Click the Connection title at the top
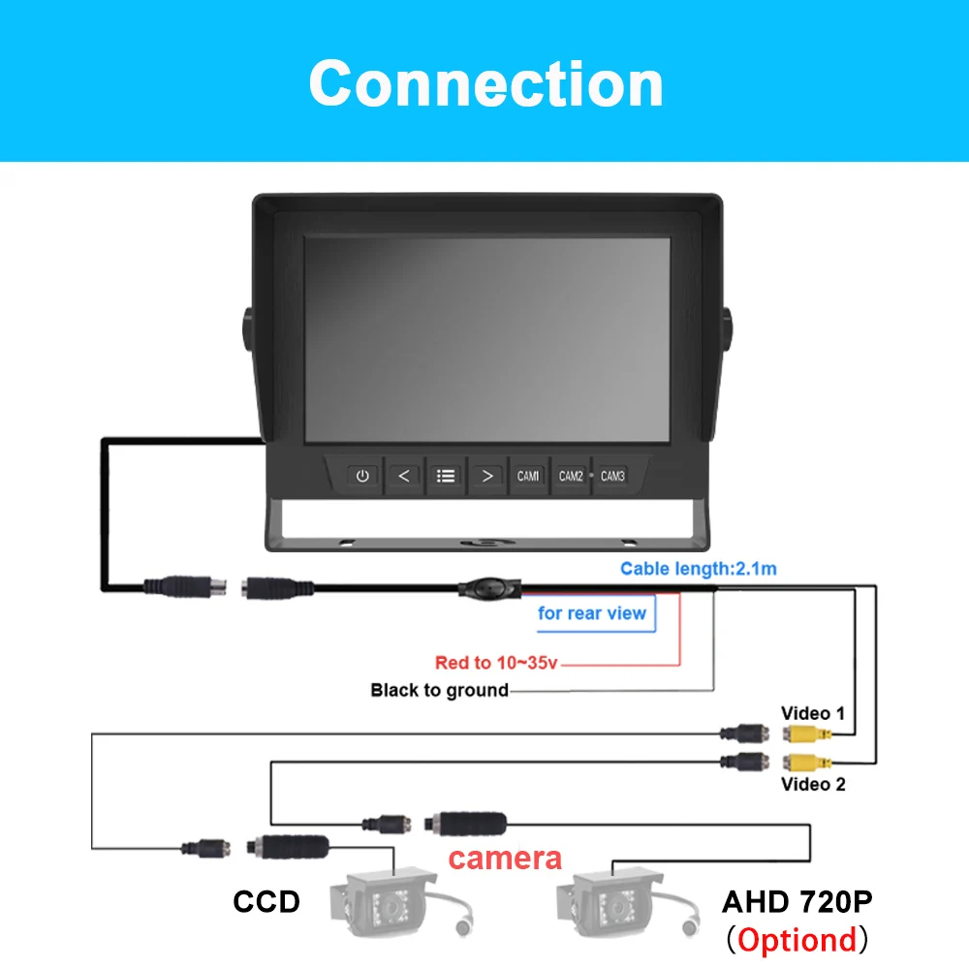[485, 82]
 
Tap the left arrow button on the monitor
[404, 476]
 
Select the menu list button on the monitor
[446, 476]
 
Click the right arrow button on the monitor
[487, 476]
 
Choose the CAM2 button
[571, 476]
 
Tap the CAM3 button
[612, 476]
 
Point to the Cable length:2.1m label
[699, 569]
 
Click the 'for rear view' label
[592, 613]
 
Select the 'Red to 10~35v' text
[497, 663]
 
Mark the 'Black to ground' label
[439, 690]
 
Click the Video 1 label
[813, 714]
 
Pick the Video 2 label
[813, 783]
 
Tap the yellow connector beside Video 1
[804, 735]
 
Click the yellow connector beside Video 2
[804, 761]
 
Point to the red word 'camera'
[505, 857]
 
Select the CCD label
[266, 902]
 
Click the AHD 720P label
[797, 902]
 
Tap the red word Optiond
[797, 939]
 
